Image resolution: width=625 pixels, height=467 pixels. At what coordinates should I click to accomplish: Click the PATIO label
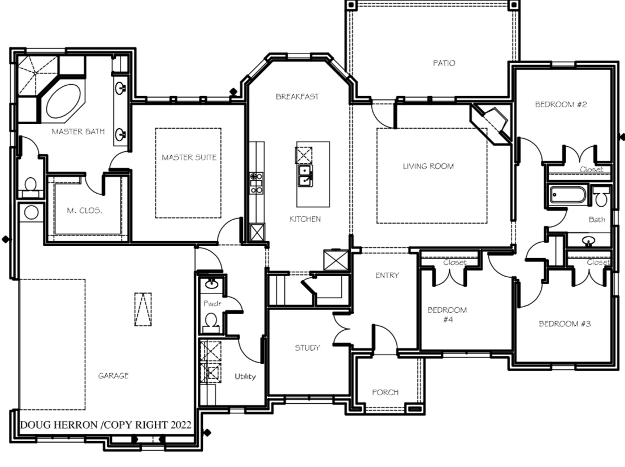[444, 63]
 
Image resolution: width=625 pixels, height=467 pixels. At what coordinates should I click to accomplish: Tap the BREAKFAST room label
[297, 97]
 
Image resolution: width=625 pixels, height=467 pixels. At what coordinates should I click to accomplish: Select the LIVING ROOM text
[428, 166]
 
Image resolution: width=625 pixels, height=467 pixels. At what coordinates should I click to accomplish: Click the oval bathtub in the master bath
[63, 101]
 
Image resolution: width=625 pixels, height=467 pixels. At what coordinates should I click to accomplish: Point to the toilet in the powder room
[211, 322]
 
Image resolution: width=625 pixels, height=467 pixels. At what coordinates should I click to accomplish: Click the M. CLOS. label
[85, 211]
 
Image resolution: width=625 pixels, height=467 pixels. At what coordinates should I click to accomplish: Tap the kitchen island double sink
[306, 176]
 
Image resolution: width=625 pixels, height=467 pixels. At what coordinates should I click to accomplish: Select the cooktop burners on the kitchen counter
[257, 183]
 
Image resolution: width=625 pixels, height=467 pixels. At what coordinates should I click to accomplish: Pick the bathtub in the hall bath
[568, 195]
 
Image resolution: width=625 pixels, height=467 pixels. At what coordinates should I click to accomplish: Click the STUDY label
[307, 348]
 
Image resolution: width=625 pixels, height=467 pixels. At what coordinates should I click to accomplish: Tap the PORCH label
[385, 392]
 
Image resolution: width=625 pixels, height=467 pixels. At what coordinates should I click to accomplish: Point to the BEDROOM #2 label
[561, 104]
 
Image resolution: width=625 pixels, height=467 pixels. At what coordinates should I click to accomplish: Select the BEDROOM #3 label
[565, 324]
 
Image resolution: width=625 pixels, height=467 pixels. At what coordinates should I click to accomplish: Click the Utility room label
[245, 376]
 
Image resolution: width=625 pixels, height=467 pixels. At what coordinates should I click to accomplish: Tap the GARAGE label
[113, 376]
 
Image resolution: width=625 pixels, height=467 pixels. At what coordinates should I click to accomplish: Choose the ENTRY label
[387, 276]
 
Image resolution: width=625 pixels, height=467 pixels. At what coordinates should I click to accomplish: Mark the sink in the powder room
[211, 283]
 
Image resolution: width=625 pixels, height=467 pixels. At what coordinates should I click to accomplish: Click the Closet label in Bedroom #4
[455, 263]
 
